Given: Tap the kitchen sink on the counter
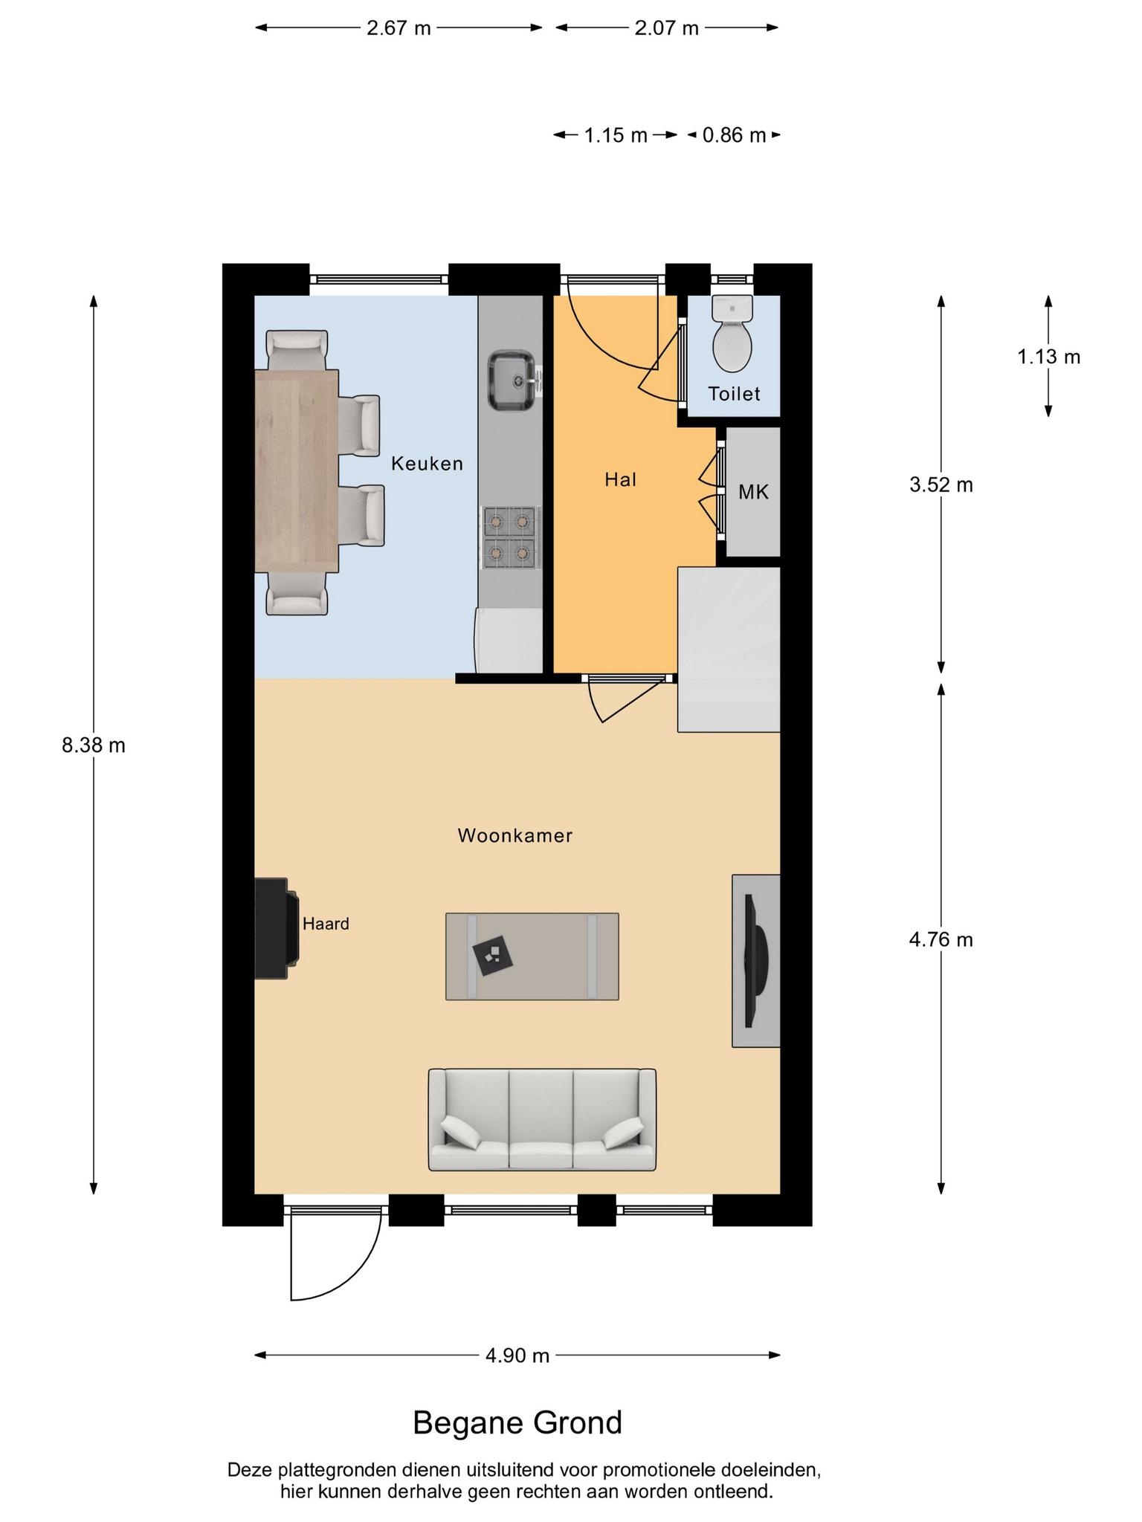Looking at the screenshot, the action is tap(511, 380).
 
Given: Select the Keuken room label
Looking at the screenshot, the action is tap(427, 464).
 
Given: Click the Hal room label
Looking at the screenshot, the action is tap(620, 479).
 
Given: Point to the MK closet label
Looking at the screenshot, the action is tap(753, 492).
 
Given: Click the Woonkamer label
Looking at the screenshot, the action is tap(514, 835).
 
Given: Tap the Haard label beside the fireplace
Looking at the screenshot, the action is tap(326, 924).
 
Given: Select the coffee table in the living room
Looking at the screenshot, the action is tap(532, 956).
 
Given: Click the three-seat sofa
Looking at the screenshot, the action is tap(542, 1119).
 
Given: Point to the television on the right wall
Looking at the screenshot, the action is tap(756, 961).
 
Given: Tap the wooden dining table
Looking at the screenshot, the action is tap(297, 471).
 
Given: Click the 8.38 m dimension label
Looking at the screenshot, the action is tap(94, 745).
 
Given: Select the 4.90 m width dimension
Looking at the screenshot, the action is tap(517, 1356).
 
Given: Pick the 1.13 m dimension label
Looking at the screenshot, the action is tap(1048, 357).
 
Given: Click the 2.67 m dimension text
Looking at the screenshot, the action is tap(399, 28).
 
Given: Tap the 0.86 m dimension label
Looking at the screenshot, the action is tap(734, 135).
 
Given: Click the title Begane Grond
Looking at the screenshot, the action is tap(517, 1423).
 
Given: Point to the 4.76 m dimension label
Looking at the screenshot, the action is tap(941, 940).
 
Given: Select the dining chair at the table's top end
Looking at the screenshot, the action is tap(297, 350).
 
